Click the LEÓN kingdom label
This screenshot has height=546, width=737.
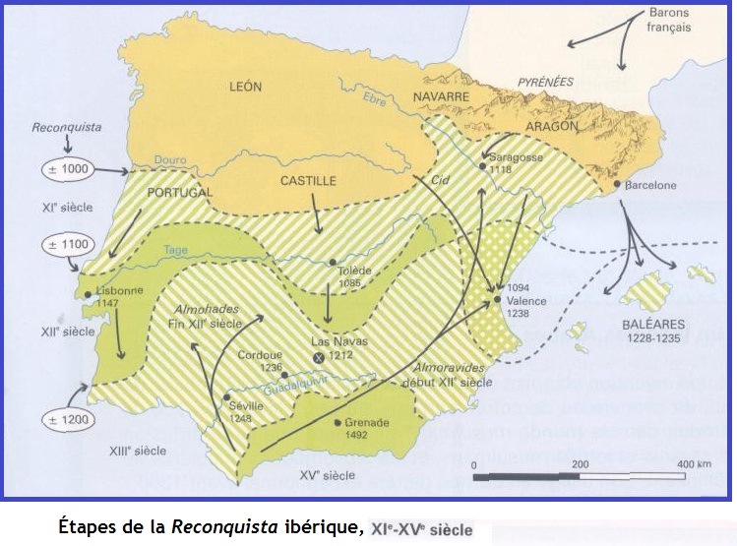tap(246, 87)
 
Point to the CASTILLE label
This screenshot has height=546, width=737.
tap(308, 181)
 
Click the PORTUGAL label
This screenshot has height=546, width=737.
tap(179, 193)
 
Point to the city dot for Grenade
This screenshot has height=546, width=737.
tap(338, 424)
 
